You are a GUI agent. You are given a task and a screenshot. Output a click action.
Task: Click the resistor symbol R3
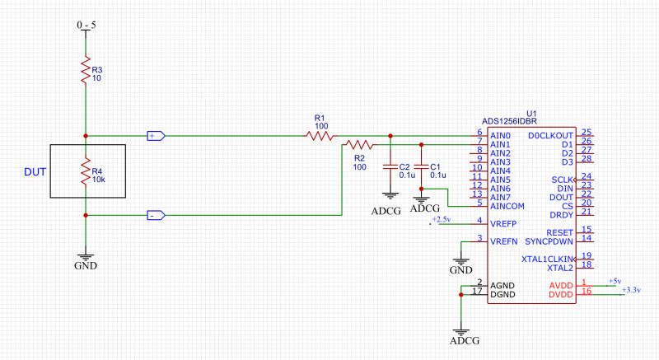click(85, 71)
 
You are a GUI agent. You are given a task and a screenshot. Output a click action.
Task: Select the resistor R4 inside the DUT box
click(85, 171)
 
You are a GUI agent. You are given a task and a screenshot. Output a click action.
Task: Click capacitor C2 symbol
click(390, 167)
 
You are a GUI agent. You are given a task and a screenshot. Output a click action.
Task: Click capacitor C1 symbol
click(422, 167)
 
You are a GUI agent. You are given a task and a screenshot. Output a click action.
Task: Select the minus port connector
click(156, 215)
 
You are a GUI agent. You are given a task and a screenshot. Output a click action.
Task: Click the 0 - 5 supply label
click(86, 26)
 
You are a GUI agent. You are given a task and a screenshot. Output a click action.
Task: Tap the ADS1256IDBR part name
click(514, 121)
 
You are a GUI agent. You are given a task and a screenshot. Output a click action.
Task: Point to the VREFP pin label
click(503, 222)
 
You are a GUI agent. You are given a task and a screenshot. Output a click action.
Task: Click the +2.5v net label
click(442, 219)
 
